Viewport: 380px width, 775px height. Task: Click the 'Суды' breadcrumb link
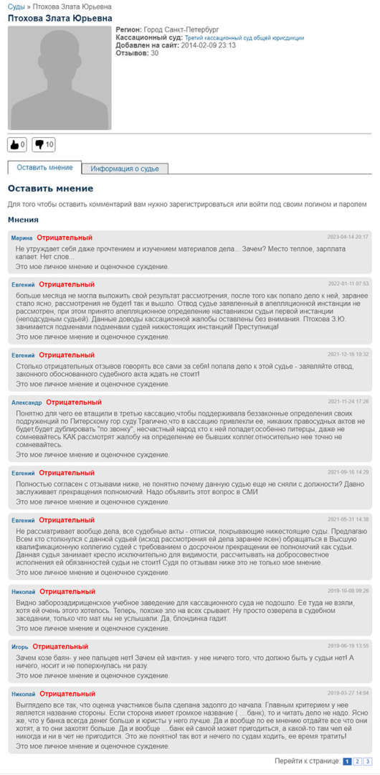coord(16,6)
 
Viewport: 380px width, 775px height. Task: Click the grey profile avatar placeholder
coord(60,78)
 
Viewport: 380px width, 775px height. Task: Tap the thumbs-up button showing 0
coord(17,145)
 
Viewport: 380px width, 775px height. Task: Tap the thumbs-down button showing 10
coord(44,145)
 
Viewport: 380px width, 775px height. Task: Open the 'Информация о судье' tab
coord(125,169)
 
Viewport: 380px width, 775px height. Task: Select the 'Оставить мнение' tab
coord(44,167)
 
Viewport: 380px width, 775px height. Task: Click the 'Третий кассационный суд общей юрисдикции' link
coord(244,37)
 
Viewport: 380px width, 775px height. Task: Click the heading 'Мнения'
coord(24,220)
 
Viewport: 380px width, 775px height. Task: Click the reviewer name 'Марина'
coord(22,238)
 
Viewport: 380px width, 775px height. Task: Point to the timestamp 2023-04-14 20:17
coord(348,237)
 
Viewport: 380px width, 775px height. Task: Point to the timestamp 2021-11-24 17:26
coord(348,402)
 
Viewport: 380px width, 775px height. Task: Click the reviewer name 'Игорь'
coord(20,647)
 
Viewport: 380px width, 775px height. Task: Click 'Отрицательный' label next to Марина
coord(65,238)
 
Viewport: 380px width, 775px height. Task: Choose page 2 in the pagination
coord(358,761)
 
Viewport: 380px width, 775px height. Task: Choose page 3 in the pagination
coord(368,761)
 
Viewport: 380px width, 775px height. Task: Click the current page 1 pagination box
coord(347,761)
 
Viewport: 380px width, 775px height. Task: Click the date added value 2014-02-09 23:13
coord(209,45)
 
